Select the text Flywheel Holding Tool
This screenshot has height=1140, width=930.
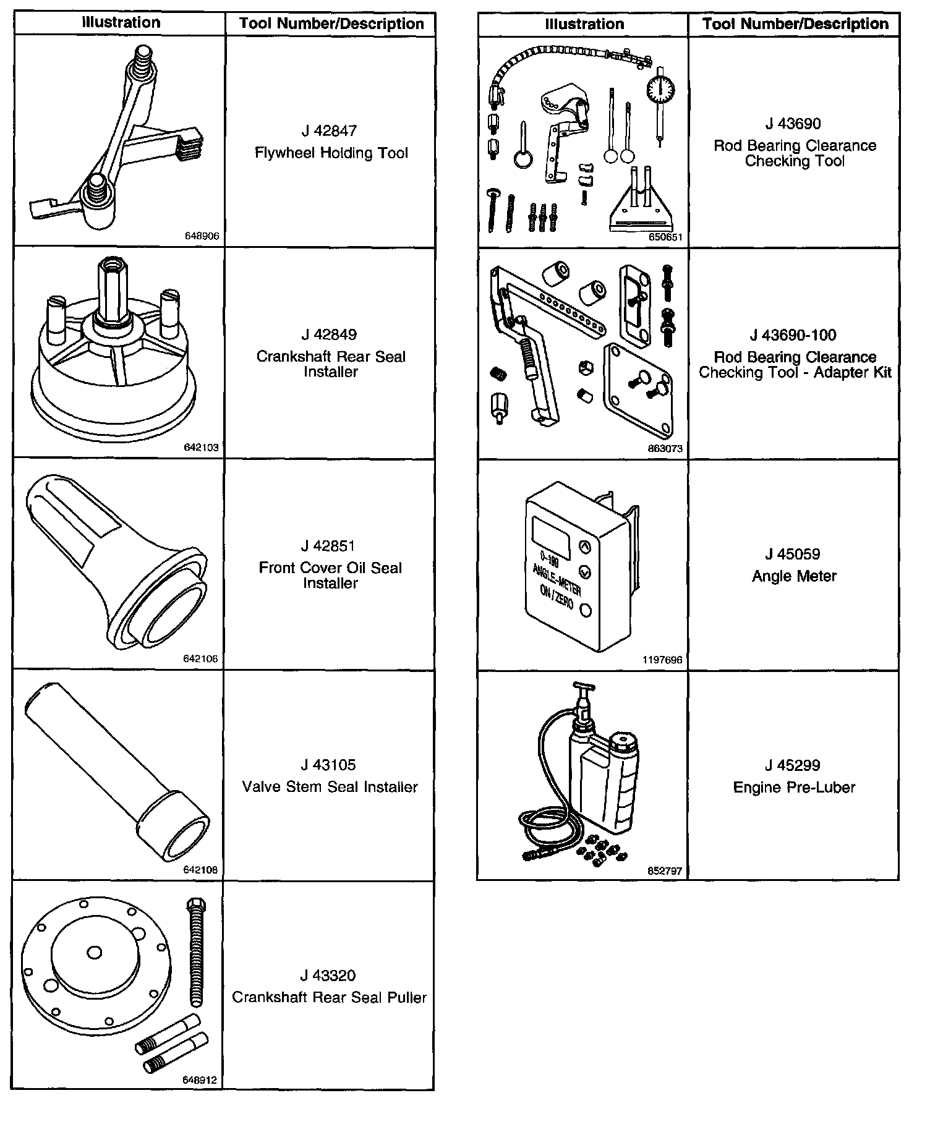[331, 153]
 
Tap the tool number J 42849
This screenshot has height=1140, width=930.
[329, 335]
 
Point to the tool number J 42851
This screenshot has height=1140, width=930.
[328, 546]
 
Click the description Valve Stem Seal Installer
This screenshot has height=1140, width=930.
[330, 787]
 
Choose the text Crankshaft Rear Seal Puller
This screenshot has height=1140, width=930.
[329, 998]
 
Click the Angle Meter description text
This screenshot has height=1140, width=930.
[794, 576]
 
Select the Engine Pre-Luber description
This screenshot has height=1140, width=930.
[794, 788]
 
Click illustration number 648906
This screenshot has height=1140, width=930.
[202, 236]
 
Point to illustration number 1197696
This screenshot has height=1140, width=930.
[662, 660]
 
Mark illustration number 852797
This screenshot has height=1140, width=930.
[665, 871]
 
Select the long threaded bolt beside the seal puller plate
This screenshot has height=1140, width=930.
[197, 952]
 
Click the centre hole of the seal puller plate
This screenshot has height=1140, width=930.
[94, 953]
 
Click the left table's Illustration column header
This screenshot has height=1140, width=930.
[121, 23]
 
